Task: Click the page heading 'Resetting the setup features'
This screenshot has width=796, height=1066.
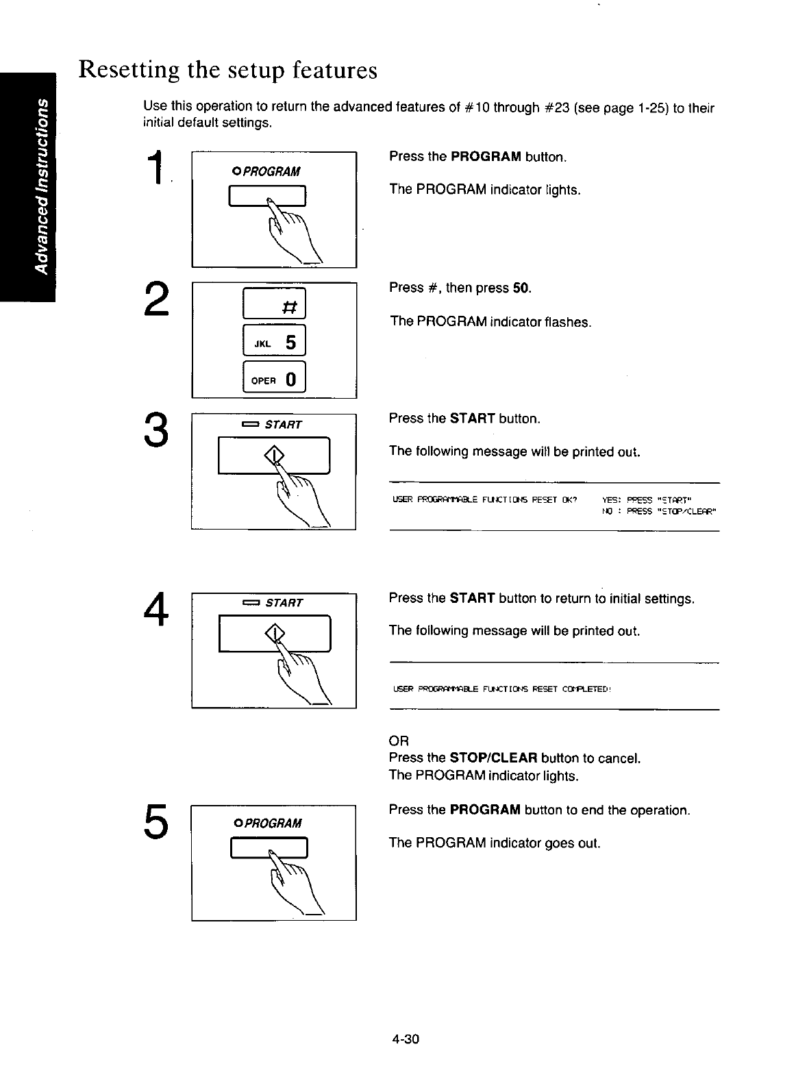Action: click(227, 70)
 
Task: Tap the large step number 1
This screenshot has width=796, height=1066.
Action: click(157, 169)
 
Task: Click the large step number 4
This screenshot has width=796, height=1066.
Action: click(156, 608)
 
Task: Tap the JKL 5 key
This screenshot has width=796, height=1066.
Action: click(275, 342)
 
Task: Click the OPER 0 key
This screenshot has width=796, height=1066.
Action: click(275, 379)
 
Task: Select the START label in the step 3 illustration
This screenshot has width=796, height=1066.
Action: click(283, 425)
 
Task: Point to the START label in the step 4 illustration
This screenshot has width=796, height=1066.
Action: click(283, 603)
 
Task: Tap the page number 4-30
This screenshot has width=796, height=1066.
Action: click(405, 1039)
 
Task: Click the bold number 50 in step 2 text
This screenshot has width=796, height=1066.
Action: click(521, 288)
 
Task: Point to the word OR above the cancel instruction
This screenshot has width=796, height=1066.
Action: click(398, 741)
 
